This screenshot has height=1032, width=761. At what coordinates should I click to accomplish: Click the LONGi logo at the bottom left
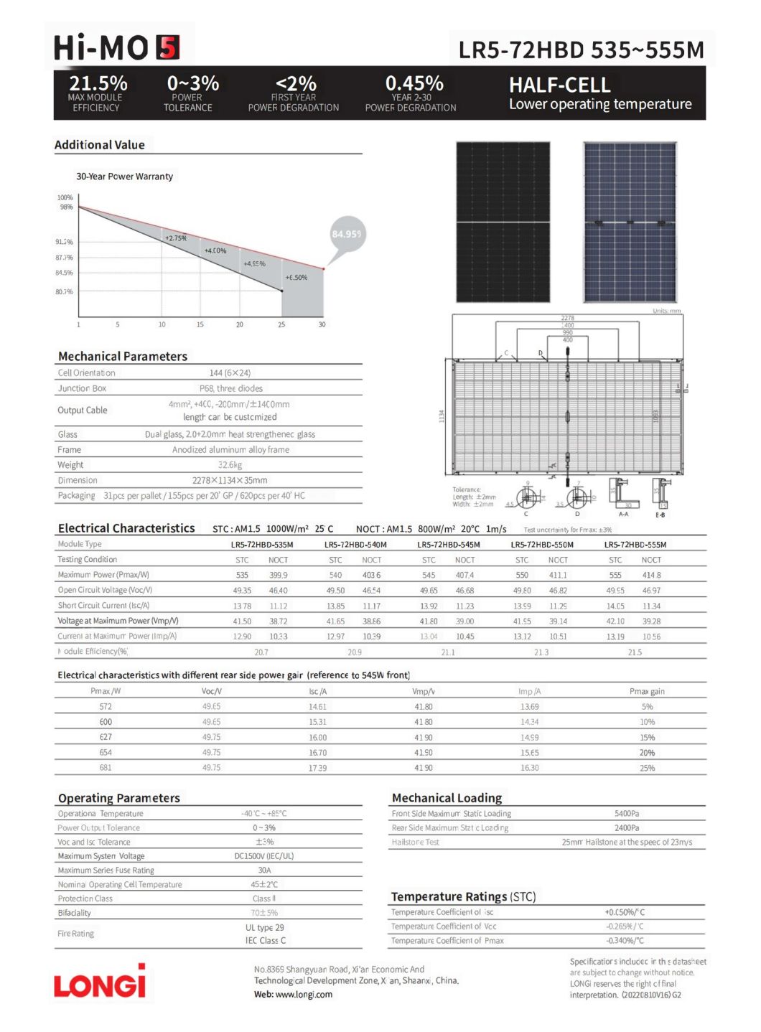(100, 982)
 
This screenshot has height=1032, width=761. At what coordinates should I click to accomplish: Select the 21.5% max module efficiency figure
(98, 83)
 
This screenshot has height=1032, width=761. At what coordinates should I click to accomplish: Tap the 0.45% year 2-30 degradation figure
(414, 83)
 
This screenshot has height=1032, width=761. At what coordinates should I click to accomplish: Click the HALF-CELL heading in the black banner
(559, 85)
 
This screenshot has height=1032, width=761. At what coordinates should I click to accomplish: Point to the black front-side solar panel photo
(503, 222)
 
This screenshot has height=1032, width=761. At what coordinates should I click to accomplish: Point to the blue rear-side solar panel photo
(630, 222)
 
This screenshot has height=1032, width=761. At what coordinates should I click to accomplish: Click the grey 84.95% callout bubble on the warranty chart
(347, 234)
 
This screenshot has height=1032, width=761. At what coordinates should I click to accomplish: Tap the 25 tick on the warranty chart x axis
(281, 324)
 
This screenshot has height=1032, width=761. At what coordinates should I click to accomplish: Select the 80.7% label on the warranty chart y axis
(65, 292)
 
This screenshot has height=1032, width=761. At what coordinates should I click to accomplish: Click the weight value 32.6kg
(230, 465)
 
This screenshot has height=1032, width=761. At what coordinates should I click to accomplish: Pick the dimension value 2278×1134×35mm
(230, 480)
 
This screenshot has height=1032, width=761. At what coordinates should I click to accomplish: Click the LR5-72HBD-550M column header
(542, 545)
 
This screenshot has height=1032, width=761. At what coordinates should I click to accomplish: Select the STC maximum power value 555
(615, 575)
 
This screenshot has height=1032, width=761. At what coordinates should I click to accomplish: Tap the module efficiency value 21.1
(448, 652)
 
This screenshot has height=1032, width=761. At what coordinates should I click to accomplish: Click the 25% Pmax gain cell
(647, 768)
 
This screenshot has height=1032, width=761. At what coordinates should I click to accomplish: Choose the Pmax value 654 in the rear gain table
(106, 753)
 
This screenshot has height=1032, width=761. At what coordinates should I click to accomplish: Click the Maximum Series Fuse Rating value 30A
(264, 871)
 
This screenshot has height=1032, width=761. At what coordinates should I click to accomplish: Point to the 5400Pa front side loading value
(627, 814)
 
